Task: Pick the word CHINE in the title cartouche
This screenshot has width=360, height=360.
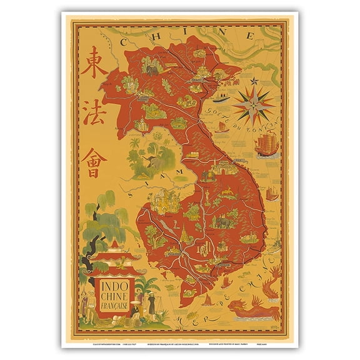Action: (x=113, y=298)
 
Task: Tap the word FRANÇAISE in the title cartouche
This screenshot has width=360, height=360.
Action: (x=113, y=307)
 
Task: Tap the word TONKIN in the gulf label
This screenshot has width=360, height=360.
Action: (x=260, y=127)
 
